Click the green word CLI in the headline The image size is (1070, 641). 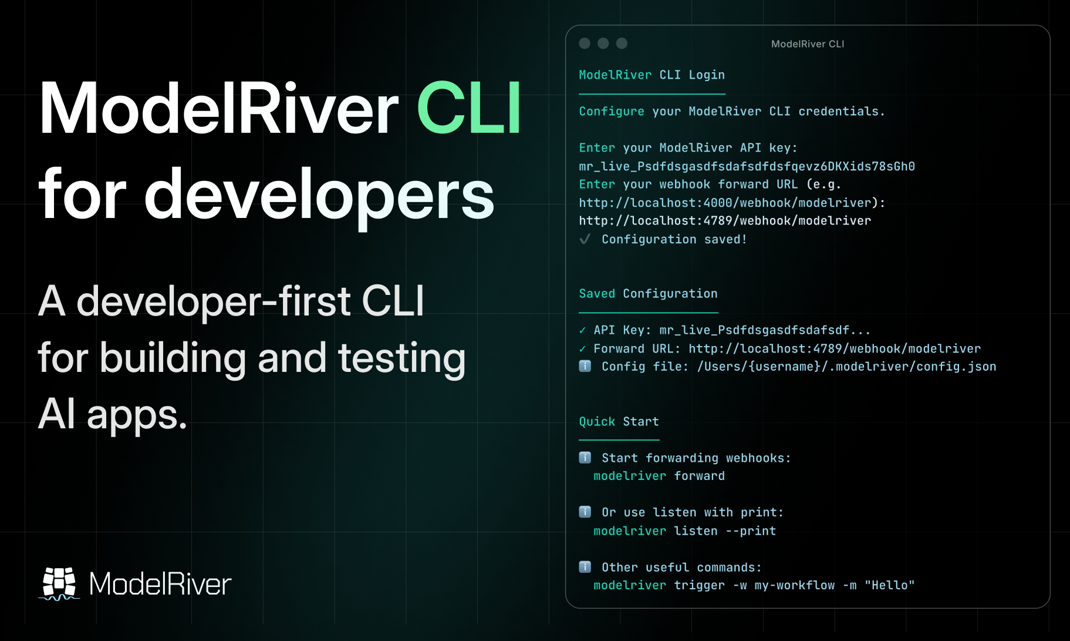[x=469, y=109]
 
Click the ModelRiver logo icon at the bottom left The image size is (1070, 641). [x=59, y=583]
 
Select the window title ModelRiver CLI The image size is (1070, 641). [x=807, y=44]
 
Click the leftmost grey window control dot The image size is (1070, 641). [x=585, y=43]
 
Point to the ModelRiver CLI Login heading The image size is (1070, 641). [x=652, y=75]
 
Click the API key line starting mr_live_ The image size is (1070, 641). [x=747, y=166]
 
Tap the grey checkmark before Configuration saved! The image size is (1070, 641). [x=585, y=239]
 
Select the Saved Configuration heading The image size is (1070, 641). [x=648, y=294]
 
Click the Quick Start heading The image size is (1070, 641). [x=619, y=422]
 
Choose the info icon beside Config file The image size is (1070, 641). [x=585, y=367]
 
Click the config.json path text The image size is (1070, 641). [x=846, y=367]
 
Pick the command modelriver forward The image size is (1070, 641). [x=659, y=476]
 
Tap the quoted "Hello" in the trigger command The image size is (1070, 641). [x=889, y=585]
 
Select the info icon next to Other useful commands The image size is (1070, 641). [x=585, y=567]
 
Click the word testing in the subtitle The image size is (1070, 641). [x=402, y=358]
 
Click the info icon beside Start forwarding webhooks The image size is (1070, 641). [x=585, y=458]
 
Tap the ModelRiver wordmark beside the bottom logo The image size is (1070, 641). [x=160, y=584]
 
